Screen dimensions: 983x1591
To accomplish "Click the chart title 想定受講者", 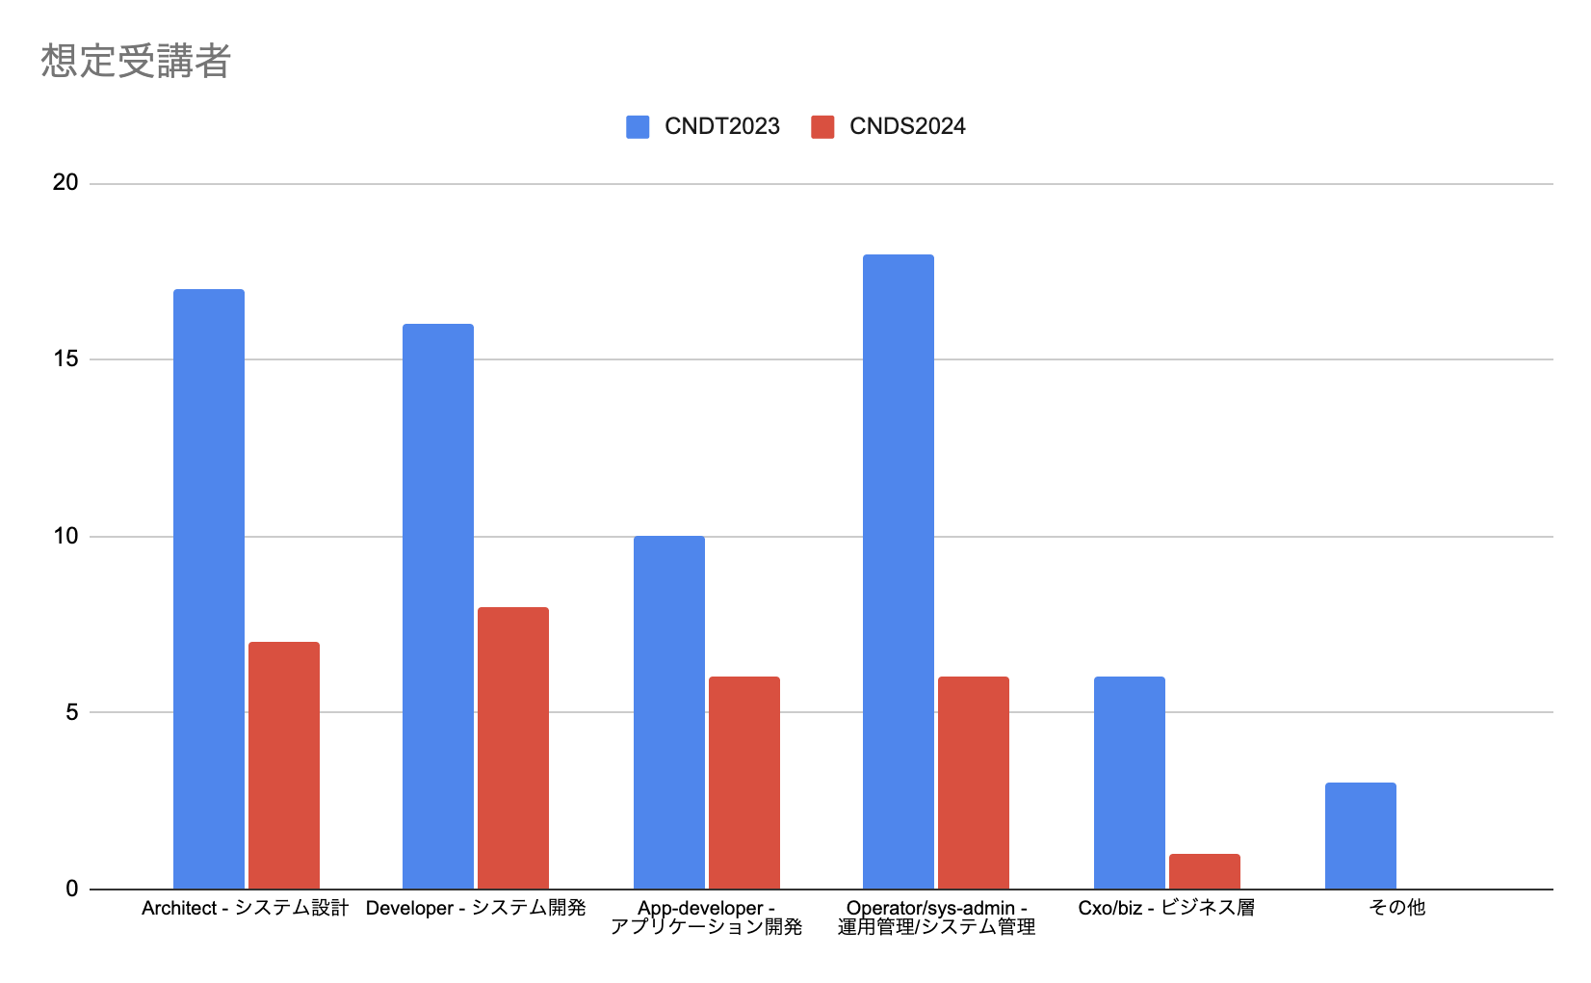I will [136, 62].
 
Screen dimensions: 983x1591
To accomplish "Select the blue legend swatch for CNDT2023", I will [638, 127].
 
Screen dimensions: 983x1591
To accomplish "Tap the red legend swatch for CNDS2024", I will [822, 127].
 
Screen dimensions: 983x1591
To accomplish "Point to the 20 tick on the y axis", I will [65, 183].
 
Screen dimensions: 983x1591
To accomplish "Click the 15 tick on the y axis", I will [65, 359].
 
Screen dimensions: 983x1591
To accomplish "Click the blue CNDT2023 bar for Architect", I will [209, 589].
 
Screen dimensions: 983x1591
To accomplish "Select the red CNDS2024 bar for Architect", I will [284, 765].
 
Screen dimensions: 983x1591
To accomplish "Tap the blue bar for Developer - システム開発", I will [438, 606].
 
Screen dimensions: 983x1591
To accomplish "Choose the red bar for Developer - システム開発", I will [513, 748].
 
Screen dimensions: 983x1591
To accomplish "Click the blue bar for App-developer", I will [669, 712].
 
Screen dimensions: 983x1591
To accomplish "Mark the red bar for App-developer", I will [744, 783].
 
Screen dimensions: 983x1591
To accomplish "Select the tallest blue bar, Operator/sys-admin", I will [899, 571].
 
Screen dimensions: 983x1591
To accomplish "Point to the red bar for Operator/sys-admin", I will [974, 783].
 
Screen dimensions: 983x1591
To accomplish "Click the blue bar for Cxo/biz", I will [1130, 783].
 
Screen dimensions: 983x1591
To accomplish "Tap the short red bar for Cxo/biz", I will [1205, 871].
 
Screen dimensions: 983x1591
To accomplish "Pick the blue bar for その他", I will [1361, 836].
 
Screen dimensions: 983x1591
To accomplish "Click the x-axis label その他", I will [1396, 908].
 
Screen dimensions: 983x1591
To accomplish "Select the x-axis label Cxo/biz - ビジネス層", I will [1166, 908].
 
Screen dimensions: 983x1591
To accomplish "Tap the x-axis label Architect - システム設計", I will [245, 908].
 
